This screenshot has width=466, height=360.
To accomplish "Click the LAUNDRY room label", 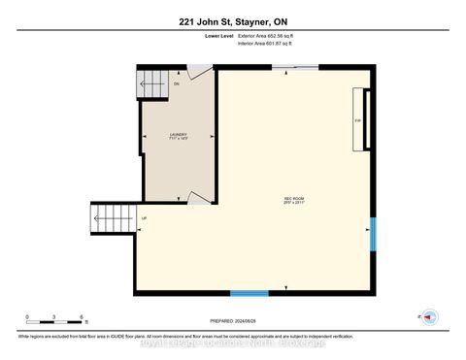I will pos(179,135).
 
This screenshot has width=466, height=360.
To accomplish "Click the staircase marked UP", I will pos(110,219).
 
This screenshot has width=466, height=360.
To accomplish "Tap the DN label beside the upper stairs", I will pos(177,84).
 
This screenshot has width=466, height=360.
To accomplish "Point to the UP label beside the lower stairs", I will pos(145,218).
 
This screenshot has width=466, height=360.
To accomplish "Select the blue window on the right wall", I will pos(374,235).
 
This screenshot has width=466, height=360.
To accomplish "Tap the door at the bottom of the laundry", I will pos(198,198).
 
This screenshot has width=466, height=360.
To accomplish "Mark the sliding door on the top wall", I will pos(293,67).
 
